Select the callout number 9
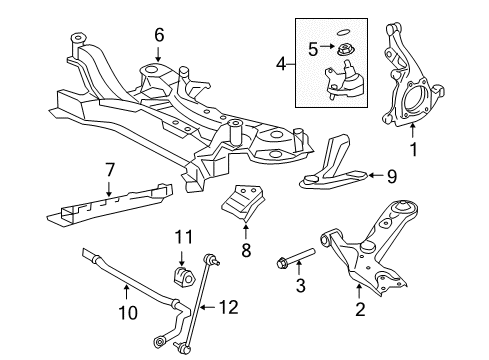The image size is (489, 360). click(x=391, y=176)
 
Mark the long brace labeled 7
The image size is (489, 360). click(x=110, y=199)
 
